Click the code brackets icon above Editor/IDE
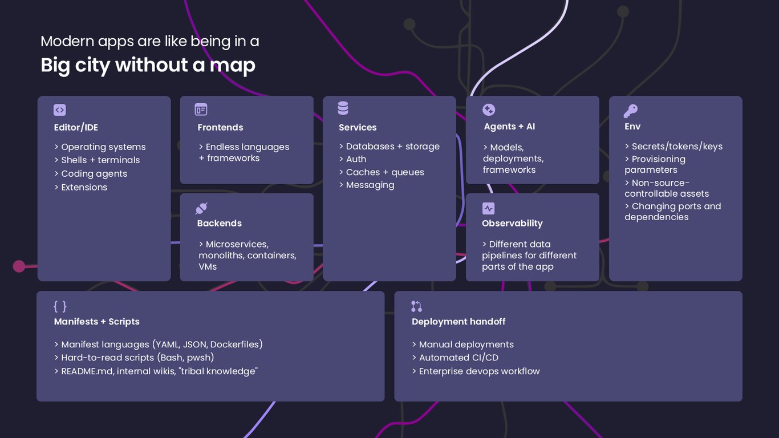point(59,110)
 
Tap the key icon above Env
point(631,111)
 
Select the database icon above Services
point(343,108)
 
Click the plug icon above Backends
point(201,208)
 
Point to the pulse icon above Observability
point(488,208)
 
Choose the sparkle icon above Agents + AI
point(489,109)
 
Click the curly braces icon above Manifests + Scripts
point(60,306)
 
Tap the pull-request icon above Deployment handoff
point(416,306)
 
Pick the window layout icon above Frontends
point(201,109)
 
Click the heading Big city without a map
point(148,65)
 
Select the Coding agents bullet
point(91,173)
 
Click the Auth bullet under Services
point(352,159)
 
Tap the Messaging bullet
point(367,185)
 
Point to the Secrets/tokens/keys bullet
point(673,147)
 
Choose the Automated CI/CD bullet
point(455,358)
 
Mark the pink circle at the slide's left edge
point(19,266)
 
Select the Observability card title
point(512,224)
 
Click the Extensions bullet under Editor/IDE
point(80,187)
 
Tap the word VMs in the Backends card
point(208,267)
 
